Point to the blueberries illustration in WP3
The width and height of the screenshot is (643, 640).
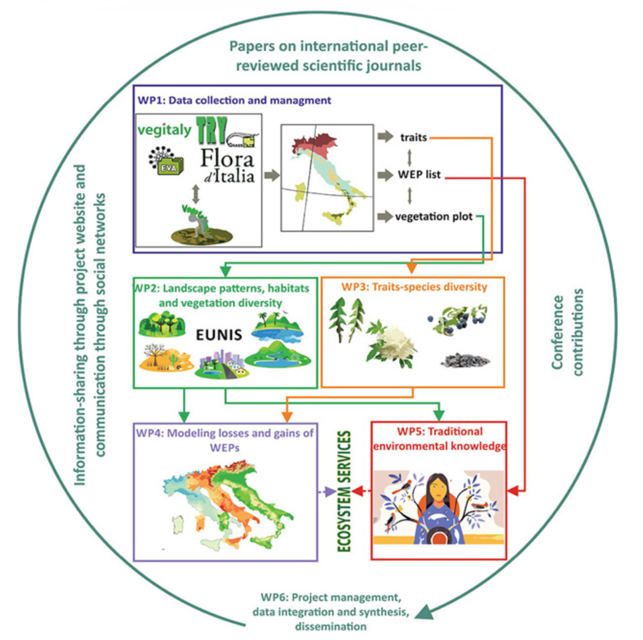[x=456, y=324]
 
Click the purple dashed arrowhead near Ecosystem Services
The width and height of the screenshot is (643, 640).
[x=328, y=492]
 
